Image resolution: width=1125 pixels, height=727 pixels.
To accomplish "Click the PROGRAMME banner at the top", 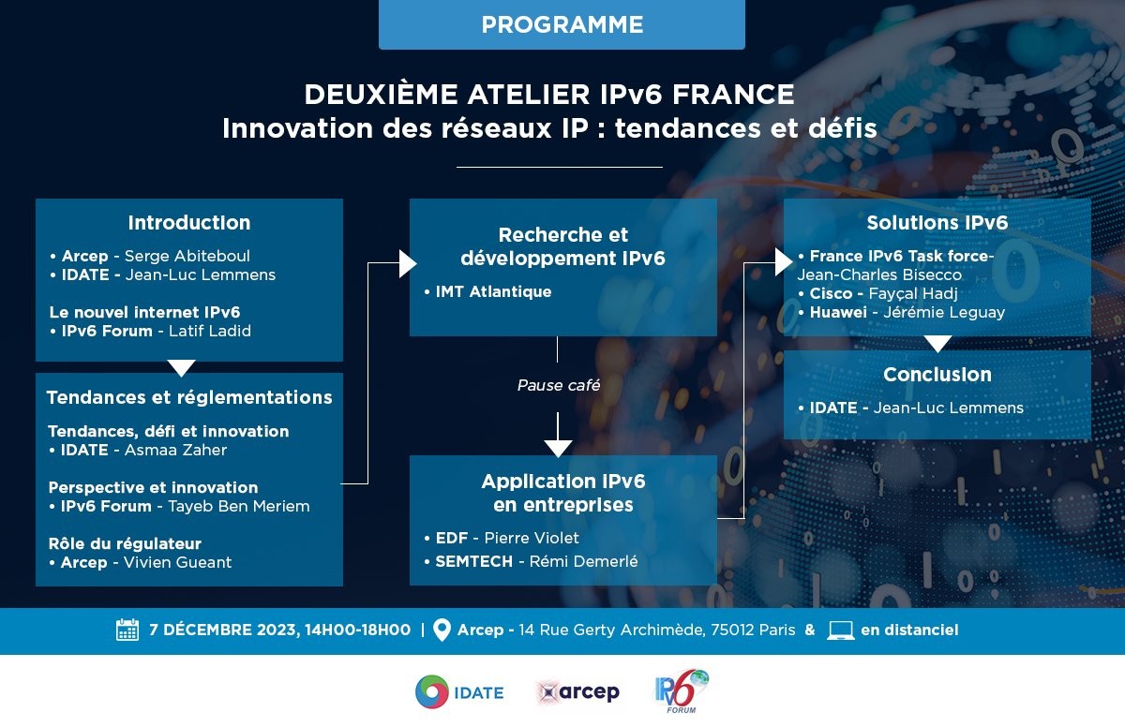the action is point(562,24).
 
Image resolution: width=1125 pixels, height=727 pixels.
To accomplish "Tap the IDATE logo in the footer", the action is point(459,692).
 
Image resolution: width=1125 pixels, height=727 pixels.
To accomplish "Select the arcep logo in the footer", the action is point(578,692).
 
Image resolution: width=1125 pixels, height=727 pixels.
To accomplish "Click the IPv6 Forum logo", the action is point(682,691).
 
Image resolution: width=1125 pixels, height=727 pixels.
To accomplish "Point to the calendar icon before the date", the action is point(127,630).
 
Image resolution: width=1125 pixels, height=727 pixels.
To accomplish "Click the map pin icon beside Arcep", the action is point(442,631).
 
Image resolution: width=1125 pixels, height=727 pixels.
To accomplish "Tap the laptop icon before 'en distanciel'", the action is point(841,631).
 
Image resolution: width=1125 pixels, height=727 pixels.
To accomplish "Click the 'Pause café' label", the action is point(559,385).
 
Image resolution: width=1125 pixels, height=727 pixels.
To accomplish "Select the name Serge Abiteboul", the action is point(187,256).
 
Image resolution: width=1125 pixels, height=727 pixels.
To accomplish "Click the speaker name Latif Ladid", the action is point(209,331).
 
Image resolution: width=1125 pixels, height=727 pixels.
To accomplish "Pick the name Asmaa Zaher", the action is point(175,450).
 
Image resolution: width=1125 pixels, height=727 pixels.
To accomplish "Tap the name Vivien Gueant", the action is point(177,562).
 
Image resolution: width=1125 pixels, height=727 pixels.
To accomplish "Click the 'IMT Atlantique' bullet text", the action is point(493,292).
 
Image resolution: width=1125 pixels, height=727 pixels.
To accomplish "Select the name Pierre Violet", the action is point(532,539).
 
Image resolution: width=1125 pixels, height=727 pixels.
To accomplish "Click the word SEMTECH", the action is point(473,561).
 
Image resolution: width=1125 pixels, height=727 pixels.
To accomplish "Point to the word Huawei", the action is point(838,313).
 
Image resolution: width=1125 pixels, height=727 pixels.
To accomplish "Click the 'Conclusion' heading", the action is point(937,375).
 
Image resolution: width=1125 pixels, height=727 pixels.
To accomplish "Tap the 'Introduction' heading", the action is point(189,223).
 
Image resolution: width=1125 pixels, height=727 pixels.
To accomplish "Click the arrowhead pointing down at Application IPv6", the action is point(558,449).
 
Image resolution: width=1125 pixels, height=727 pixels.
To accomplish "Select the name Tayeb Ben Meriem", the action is point(238,506).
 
